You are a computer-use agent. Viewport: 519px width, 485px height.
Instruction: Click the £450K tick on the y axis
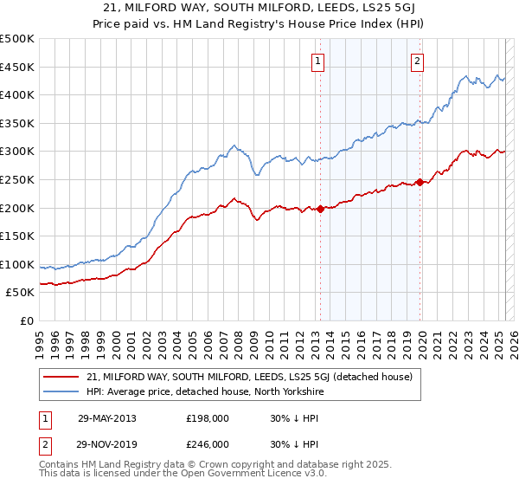pos(17,67)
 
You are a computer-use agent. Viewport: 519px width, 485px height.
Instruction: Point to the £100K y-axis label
pos(17,264)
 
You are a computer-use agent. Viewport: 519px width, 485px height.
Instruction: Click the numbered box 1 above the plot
pos(319,61)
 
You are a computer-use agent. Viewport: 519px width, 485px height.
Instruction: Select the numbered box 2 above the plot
pos(417,61)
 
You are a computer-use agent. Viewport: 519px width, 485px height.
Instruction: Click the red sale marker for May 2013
pos(321,209)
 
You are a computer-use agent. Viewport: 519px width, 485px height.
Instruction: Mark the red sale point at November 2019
pos(420,182)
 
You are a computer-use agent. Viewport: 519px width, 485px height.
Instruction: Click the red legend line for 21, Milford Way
pos(62,377)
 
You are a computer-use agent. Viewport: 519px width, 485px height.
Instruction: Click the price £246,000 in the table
pos(208,443)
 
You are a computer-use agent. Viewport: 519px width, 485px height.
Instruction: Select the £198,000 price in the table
pos(208,417)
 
